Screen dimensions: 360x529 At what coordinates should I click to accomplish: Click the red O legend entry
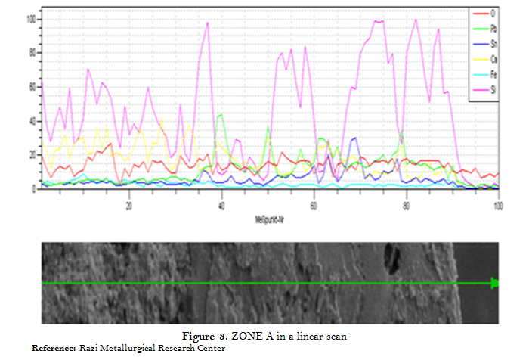pyautogui.click(x=484, y=14)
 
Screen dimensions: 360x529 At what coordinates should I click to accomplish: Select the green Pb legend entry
pyautogui.click(x=484, y=29)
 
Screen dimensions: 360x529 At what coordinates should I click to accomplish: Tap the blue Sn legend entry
pyautogui.click(x=484, y=44)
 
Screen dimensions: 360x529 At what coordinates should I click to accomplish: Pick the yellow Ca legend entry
pyautogui.click(x=484, y=59)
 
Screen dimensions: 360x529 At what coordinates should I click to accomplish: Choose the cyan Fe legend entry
pyautogui.click(x=484, y=74)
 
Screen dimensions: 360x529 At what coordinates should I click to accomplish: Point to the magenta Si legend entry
pyautogui.click(x=484, y=89)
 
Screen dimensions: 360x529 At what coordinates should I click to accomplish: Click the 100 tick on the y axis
pyautogui.click(x=31, y=18)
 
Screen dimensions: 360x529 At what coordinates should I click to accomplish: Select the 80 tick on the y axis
pyautogui.click(x=32, y=52)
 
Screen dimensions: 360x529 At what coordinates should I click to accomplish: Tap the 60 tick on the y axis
pyautogui.click(x=32, y=86)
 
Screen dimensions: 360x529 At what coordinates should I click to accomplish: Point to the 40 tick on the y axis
pyautogui.click(x=32, y=120)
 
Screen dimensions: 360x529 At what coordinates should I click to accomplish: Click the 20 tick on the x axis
pyautogui.click(x=129, y=205)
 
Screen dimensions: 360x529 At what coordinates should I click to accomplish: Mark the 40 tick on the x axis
pyautogui.click(x=221, y=205)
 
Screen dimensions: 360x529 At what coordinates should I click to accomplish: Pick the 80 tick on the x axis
pyautogui.click(x=407, y=205)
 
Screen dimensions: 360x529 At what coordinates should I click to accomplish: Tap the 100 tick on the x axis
pyautogui.click(x=498, y=205)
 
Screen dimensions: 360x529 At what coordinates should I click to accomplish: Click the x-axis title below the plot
pyautogui.click(x=269, y=219)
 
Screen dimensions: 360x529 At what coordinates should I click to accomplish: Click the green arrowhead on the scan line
pyautogui.click(x=495, y=283)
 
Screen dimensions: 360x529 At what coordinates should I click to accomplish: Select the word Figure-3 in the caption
pyautogui.click(x=205, y=335)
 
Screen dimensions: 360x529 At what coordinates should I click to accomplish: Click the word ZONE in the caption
pyautogui.click(x=245, y=335)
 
